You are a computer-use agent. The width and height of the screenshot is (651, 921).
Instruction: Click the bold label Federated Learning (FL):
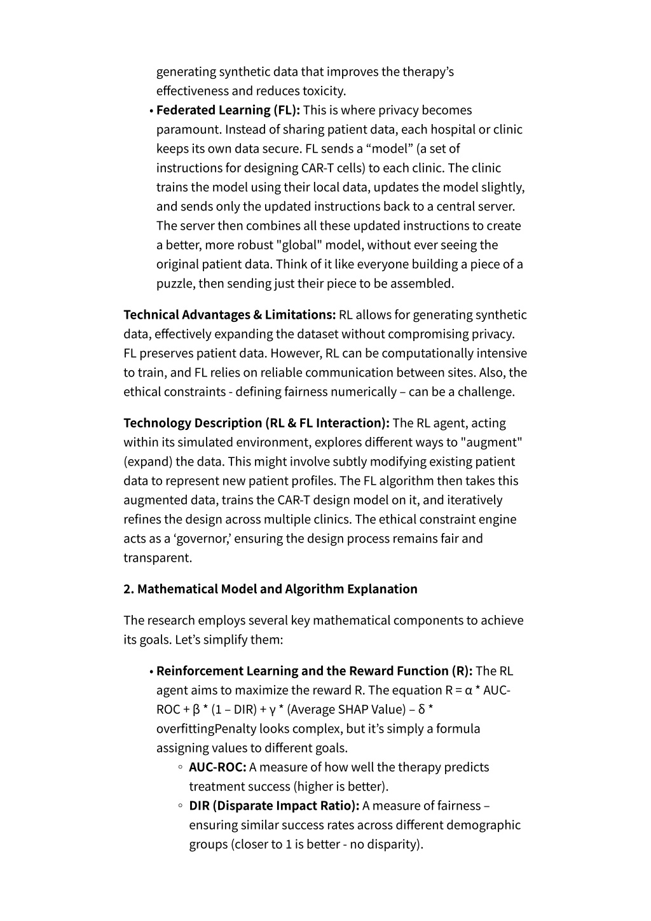(228, 110)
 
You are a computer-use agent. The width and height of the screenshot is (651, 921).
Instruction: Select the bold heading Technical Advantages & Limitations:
(230, 315)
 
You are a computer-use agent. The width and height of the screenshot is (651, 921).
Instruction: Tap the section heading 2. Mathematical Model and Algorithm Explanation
(270, 589)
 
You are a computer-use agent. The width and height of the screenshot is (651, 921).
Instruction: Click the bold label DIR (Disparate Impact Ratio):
(274, 806)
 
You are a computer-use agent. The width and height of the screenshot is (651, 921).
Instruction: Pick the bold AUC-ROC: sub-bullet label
(217, 767)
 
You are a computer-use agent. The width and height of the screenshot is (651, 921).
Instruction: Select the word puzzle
(175, 284)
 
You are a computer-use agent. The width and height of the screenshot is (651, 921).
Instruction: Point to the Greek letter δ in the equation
(422, 710)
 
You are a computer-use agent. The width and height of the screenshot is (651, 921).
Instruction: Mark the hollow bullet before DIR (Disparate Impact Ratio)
(181, 806)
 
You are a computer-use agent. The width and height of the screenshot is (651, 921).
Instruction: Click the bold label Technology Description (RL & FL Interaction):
(256, 423)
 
